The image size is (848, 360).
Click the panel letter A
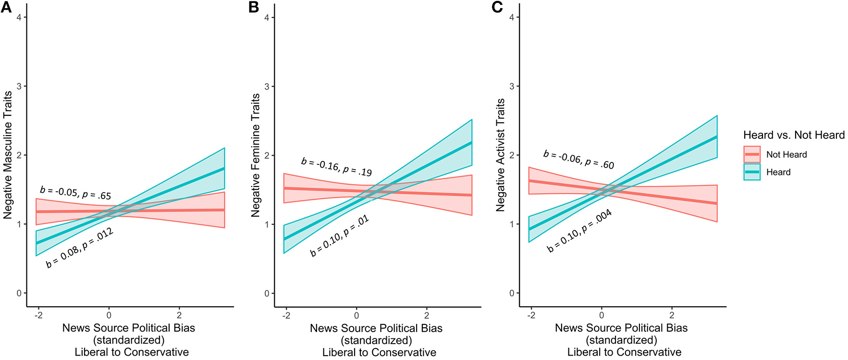click(x=6, y=7)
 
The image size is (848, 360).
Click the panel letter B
click(x=254, y=7)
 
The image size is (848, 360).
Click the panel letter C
click(x=498, y=7)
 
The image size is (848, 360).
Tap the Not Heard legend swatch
click(x=751, y=154)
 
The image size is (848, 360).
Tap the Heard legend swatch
click(x=751, y=172)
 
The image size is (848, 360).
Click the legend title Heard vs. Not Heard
click(x=794, y=135)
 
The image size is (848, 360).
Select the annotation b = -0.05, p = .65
click(x=75, y=193)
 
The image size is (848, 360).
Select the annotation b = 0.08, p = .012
click(x=80, y=248)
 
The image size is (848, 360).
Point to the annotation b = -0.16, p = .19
click(x=336, y=167)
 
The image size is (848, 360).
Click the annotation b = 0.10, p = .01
click(x=339, y=236)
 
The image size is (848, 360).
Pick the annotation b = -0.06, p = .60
click(x=578, y=160)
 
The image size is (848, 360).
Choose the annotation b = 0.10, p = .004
click(x=579, y=231)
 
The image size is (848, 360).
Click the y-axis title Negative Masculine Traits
click(x=8, y=155)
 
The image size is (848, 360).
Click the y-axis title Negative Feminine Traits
click(x=255, y=155)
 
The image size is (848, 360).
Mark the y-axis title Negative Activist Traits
click(x=500, y=155)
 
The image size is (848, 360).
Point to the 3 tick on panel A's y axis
click(x=19, y=87)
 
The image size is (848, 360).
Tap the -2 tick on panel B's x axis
click(x=286, y=315)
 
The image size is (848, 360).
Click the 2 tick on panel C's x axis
click(x=672, y=315)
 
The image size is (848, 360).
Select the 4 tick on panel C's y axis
click(x=512, y=18)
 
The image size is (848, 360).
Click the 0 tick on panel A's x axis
click(x=109, y=315)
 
